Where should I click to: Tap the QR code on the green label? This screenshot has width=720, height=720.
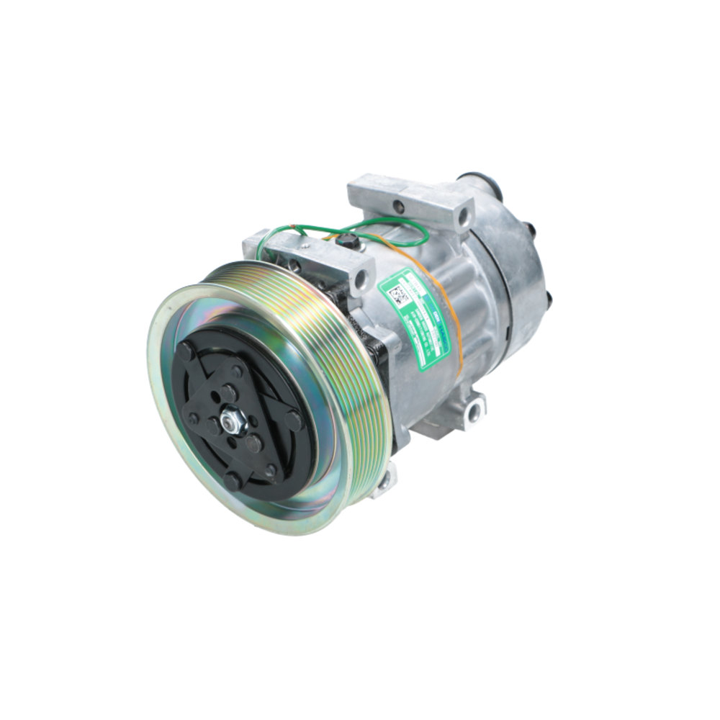coord(398,296)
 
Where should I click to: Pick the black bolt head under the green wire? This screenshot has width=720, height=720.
coord(350,241)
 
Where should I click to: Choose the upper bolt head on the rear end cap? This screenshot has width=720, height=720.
coord(531,229)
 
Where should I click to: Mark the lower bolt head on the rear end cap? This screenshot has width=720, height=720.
coord(547,298)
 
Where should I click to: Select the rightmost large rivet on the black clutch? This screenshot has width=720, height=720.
coord(293,420)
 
